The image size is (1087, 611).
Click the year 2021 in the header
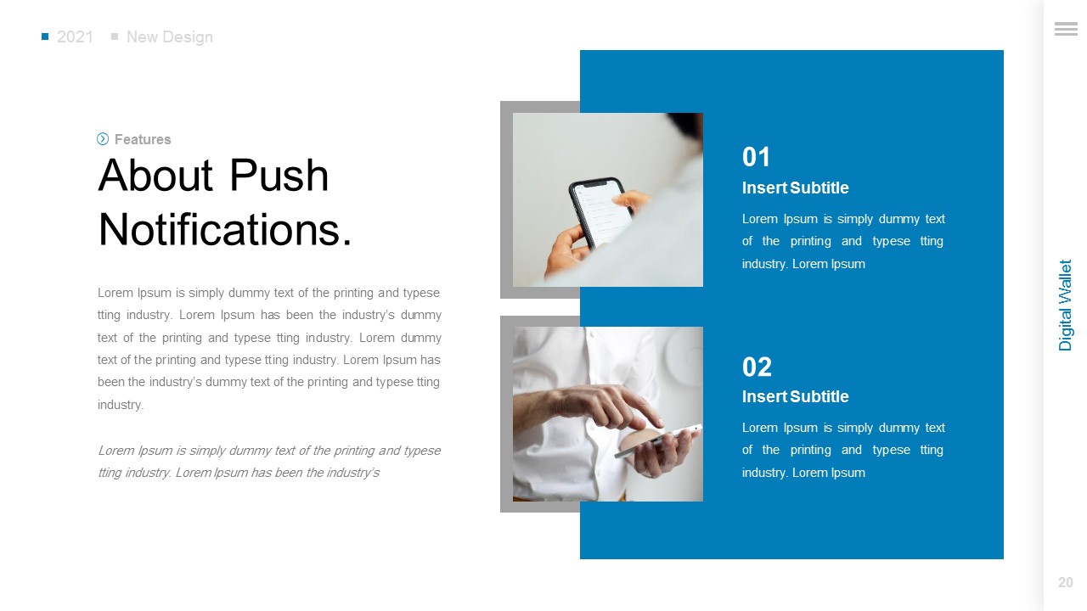pyautogui.click(x=75, y=37)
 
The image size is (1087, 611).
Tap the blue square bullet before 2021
pyautogui.click(x=45, y=36)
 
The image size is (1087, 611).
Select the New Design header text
pyautogui.click(x=169, y=37)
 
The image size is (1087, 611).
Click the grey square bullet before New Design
pyautogui.click(x=115, y=36)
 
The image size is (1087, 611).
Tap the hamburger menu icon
pyautogui.click(x=1065, y=30)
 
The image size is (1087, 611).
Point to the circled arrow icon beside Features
pyautogui.click(x=103, y=139)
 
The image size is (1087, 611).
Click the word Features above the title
pyautogui.click(x=143, y=139)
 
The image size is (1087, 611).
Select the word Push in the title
pyautogui.click(x=279, y=176)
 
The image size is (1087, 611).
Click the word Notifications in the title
pyautogui.click(x=224, y=229)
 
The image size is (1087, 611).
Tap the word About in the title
pyautogui.click(x=155, y=176)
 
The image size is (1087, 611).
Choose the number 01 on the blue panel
pyautogui.click(x=756, y=157)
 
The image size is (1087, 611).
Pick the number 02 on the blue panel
pyautogui.click(x=757, y=367)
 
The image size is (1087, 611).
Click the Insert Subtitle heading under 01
pyautogui.click(x=795, y=188)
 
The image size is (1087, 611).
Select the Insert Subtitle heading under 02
pyautogui.click(x=795, y=397)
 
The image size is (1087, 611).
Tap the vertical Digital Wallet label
pyautogui.click(x=1066, y=305)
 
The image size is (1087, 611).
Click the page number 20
pyautogui.click(x=1065, y=583)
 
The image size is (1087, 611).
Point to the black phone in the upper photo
pyautogui.click(x=600, y=212)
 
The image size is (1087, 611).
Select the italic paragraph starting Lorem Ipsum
pyautogui.click(x=268, y=462)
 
